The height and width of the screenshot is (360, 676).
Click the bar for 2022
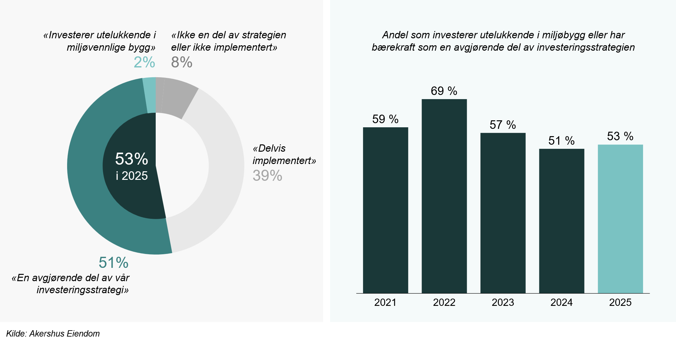pyautogui.click(x=444, y=196)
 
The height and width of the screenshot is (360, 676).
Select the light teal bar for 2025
pyautogui.click(x=620, y=218)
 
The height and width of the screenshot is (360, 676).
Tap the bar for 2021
pyautogui.click(x=385, y=210)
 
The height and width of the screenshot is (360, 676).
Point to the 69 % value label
pyautogui.click(x=444, y=91)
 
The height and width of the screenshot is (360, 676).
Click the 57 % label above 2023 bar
pyautogui.click(x=503, y=125)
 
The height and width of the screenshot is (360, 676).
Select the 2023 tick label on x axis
pyautogui.click(x=503, y=302)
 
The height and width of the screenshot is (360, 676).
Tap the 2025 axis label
pyautogui.click(x=620, y=302)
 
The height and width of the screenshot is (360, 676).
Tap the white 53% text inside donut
pyautogui.click(x=131, y=159)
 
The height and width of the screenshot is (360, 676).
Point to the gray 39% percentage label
pyautogui.click(x=267, y=175)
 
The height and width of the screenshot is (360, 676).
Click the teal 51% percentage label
pyautogui.click(x=113, y=262)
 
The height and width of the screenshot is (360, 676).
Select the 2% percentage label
pyautogui.click(x=144, y=62)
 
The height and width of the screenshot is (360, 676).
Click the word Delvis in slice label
pyautogui.click(x=271, y=148)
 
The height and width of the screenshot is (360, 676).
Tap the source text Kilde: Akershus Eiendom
pyautogui.click(x=53, y=333)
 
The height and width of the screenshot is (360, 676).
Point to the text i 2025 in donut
pyautogui.click(x=132, y=176)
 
